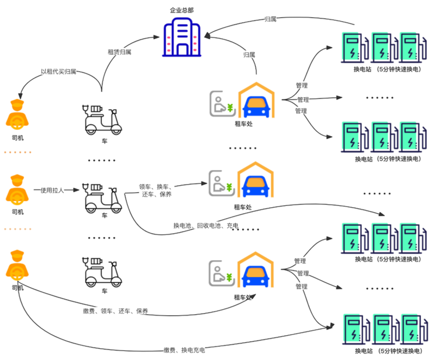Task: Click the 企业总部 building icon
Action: [x=181, y=37]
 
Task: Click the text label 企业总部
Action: [x=181, y=10]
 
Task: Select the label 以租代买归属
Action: [x=59, y=71]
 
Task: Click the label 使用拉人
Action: [x=53, y=191]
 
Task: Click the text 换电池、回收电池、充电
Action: [x=206, y=226]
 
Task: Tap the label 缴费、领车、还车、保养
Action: [x=116, y=311]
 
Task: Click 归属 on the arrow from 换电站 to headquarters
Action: [x=270, y=19]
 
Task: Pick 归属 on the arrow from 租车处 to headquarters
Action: [x=249, y=55]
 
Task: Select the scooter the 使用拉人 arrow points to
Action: [x=103, y=198]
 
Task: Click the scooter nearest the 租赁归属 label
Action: [x=103, y=120]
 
